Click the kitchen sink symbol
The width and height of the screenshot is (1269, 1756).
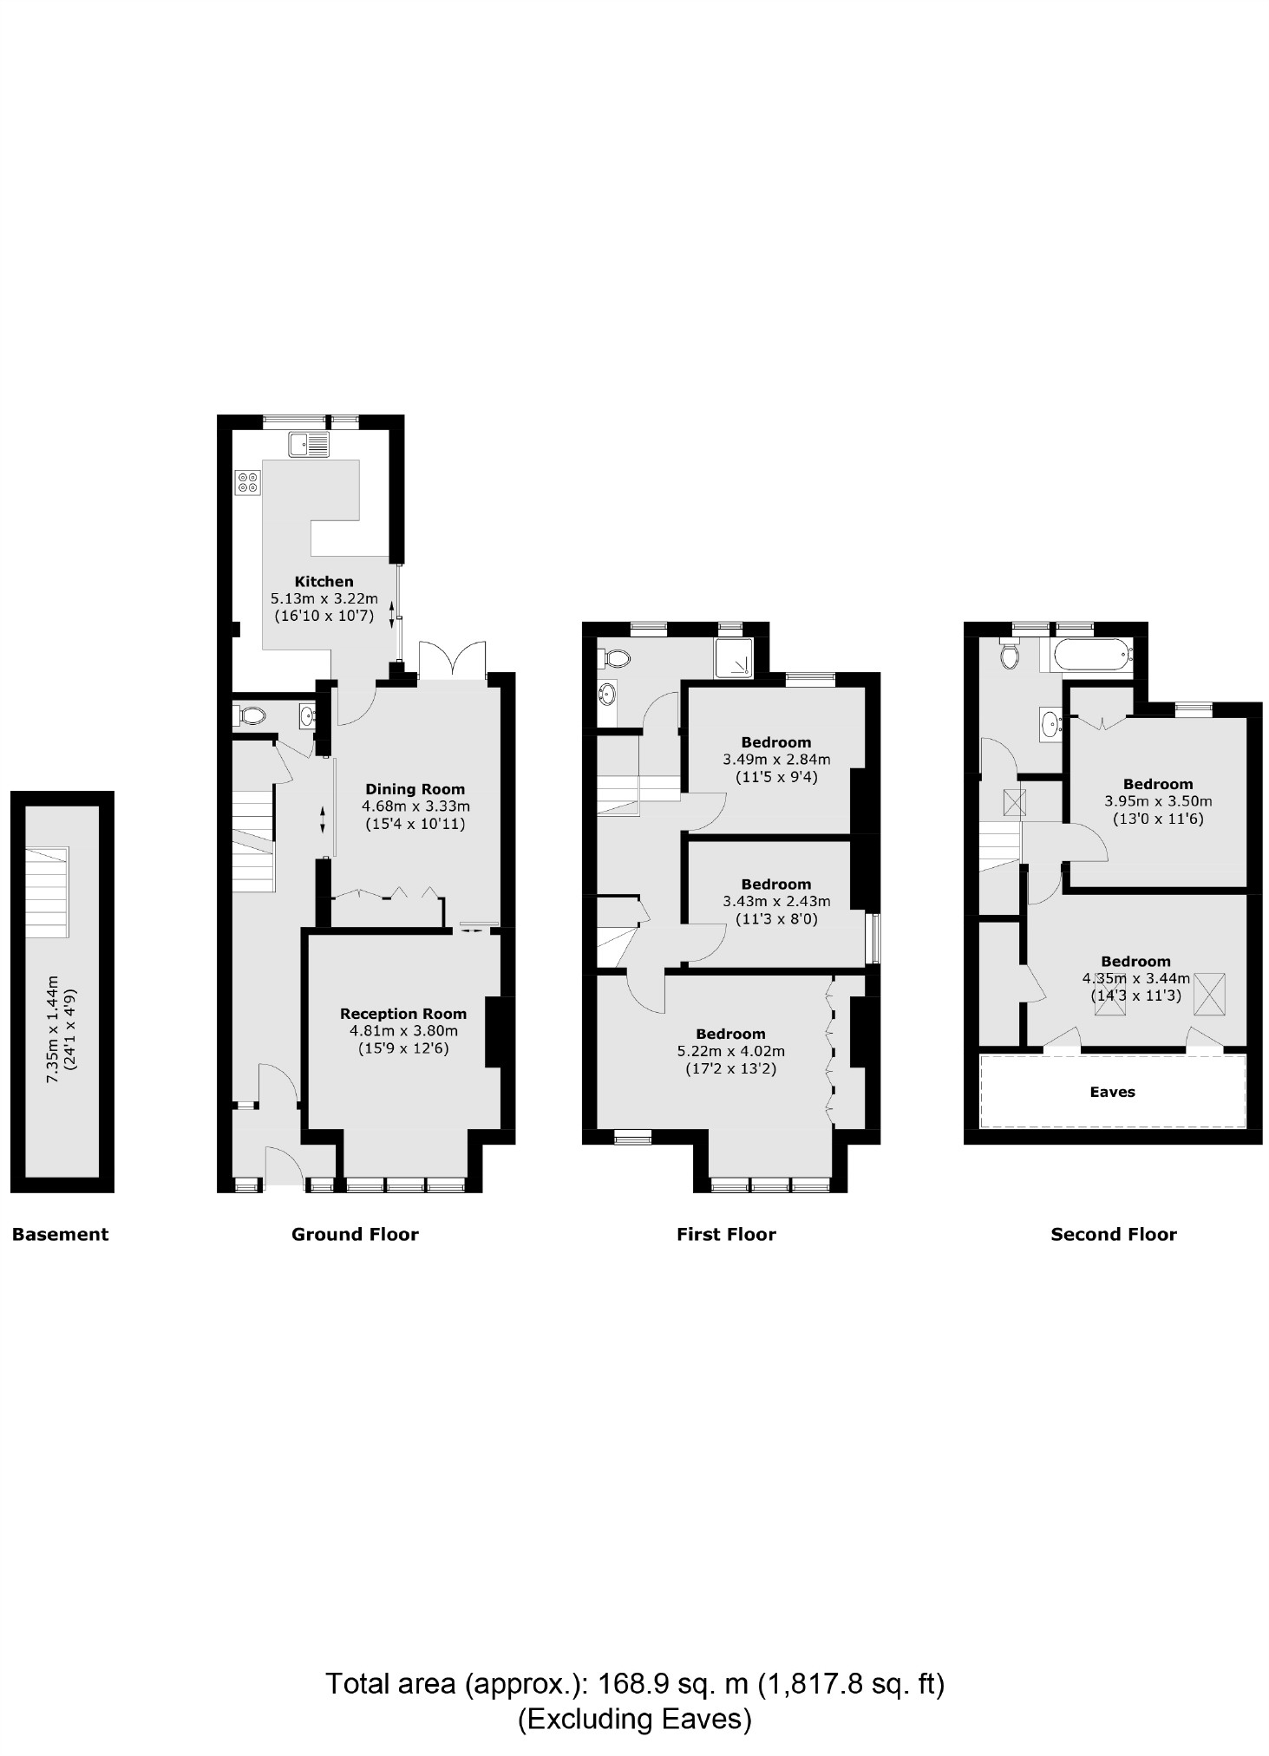click(x=310, y=445)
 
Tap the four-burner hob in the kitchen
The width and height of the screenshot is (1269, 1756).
click(x=247, y=482)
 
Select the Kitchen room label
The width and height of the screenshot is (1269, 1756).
click(x=324, y=582)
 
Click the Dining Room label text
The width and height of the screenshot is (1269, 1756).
click(x=415, y=789)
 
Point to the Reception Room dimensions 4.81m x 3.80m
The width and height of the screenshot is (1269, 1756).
click(x=403, y=1031)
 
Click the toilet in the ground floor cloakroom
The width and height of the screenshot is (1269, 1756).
click(x=251, y=716)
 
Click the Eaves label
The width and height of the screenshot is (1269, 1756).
click(x=1112, y=1092)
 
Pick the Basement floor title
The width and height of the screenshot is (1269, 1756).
click(x=60, y=1234)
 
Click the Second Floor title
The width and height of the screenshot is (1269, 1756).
click(x=1113, y=1234)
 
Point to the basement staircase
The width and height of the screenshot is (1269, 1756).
click(x=47, y=892)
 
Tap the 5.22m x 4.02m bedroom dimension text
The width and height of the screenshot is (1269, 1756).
click(x=730, y=1051)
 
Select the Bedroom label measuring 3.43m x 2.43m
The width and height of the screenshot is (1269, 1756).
click(x=775, y=885)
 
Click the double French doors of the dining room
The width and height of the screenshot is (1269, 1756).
click(x=452, y=662)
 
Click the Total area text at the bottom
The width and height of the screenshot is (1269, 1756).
click(x=634, y=1683)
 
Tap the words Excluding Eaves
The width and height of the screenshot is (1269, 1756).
click(x=634, y=1718)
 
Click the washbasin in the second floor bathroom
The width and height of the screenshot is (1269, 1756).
click(x=1050, y=721)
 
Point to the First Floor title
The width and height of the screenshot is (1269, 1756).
click(x=726, y=1234)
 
